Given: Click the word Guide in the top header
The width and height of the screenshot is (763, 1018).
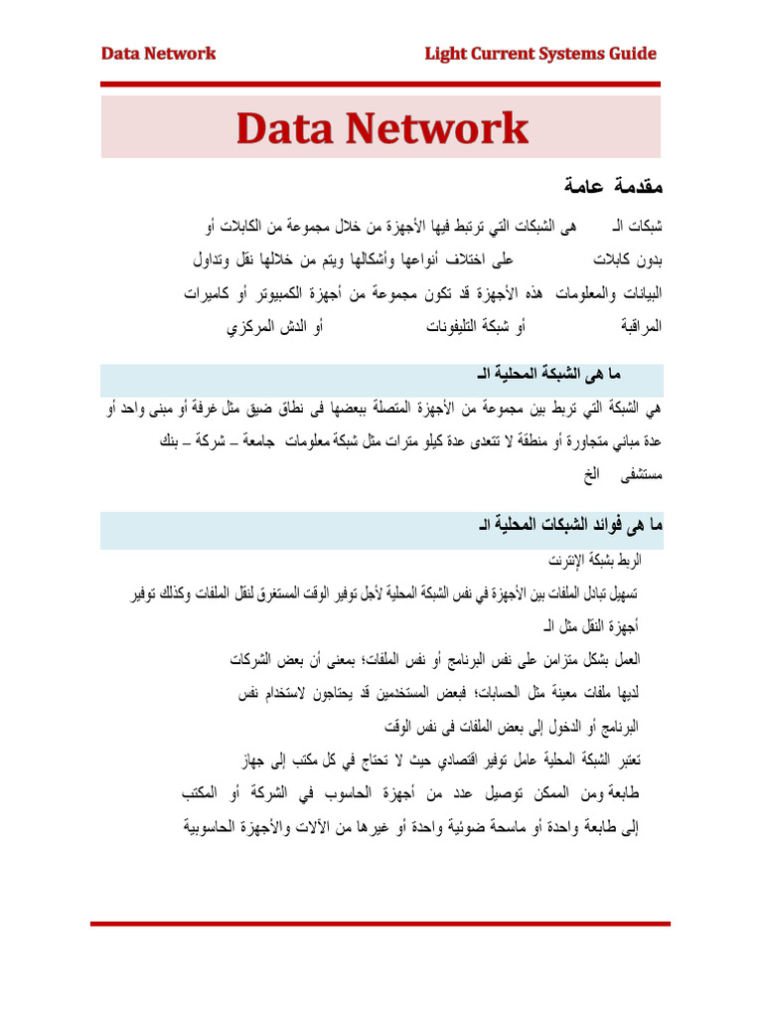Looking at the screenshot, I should [630, 54].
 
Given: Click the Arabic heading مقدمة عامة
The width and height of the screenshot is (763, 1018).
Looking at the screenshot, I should [598, 186].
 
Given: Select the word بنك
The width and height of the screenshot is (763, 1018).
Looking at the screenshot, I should [172, 440].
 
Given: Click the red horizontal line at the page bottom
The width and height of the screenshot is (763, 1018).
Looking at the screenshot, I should [381, 924].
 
